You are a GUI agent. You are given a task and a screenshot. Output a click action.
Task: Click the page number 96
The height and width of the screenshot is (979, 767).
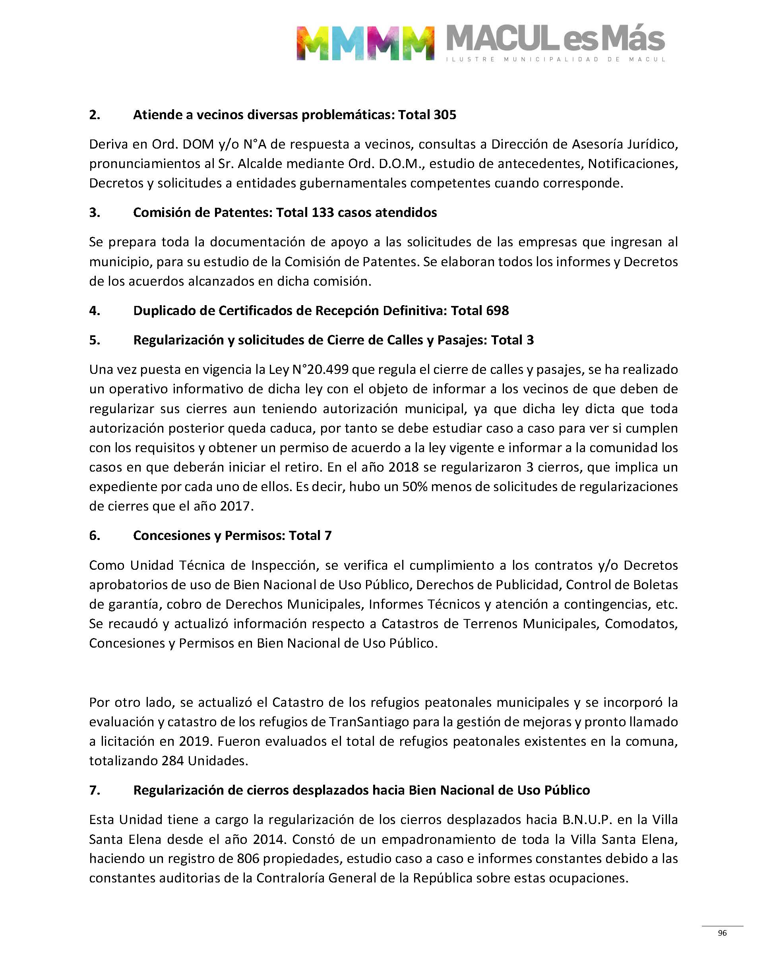click(722, 933)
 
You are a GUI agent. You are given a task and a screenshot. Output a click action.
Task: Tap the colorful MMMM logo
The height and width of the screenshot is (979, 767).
click(365, 43)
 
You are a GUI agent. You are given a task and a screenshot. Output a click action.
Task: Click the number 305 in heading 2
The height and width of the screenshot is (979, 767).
click(445, 115)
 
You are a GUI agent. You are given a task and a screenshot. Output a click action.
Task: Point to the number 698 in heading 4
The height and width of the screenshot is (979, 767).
click(498, 311)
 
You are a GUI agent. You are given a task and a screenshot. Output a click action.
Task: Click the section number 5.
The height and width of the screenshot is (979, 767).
click(94, 340)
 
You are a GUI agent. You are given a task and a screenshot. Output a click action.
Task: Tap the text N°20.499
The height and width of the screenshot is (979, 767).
click(320, 370)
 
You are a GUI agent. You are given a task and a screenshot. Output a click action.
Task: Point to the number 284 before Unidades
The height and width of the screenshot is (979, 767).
click(173, 761)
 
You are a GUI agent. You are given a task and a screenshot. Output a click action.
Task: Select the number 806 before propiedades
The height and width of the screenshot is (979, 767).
click(248, 859)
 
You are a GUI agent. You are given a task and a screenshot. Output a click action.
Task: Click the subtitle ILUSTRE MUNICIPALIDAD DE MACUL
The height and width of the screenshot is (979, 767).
click(556, 59)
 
